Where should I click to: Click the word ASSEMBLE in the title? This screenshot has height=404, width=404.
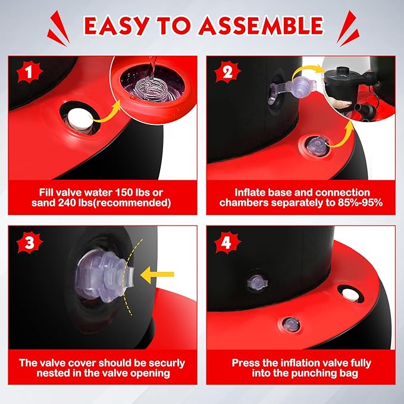pos(261,26)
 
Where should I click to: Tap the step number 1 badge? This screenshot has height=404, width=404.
pos(29,72)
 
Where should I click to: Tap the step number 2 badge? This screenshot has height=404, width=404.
pos(227,72)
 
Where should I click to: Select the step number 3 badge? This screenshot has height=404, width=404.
pos(29,242)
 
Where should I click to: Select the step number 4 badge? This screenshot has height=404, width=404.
pos(227,242)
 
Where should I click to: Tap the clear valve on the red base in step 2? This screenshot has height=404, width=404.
pos(317,146)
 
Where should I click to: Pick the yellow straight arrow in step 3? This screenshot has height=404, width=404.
pos(157,274)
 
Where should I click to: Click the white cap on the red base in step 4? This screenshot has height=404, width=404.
pos(350,295)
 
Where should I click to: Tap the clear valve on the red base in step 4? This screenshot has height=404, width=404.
pos(291,324)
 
